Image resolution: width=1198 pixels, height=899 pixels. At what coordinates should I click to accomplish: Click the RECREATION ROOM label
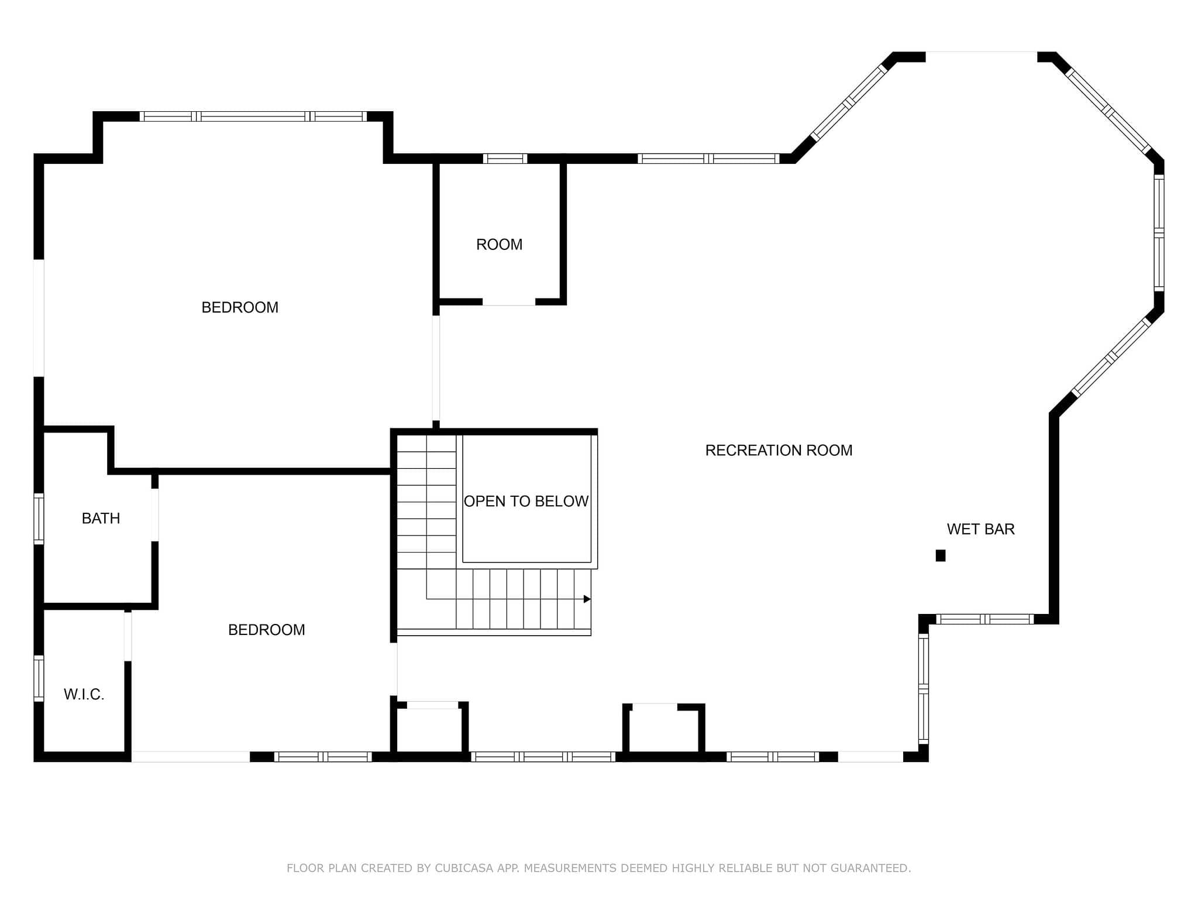[x=779, y=450]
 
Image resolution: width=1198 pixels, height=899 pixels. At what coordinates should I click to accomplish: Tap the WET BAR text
[x=980, y=529]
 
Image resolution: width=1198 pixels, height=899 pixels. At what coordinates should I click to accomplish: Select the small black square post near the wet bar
[x=941, y=555]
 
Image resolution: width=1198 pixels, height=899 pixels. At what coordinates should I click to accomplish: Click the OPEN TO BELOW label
[x=526, y=501]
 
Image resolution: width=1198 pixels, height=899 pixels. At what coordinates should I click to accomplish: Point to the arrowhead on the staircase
[x=587, y=599]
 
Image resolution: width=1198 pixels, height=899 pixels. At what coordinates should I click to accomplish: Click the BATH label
[x=101, y=518]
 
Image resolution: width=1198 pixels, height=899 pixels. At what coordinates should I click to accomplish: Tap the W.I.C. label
[x=84, y=694]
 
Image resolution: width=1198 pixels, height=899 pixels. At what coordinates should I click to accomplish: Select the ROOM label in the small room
[x=499, y=244]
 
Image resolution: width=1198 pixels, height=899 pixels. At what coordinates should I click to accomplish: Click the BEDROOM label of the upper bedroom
[x=240, y=307]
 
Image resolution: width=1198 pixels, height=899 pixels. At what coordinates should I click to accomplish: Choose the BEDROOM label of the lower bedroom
[x=266, y=630]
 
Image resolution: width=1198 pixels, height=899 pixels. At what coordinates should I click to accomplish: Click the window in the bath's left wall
[x=39, y=519]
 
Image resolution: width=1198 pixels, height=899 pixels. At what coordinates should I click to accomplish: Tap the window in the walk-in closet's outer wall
[x=39, y=678]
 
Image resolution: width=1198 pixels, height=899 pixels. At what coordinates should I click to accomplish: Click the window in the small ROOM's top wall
[x=505, y=159]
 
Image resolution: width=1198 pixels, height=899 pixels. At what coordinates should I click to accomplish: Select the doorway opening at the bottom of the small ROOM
[x=509, y=302]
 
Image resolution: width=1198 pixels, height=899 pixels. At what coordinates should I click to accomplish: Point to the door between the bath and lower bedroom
[x=155, y=514]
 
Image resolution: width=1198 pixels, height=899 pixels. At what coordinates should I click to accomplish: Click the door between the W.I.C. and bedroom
[x=128, y=636]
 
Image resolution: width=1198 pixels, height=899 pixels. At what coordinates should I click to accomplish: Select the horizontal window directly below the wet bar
[x=985, y=619]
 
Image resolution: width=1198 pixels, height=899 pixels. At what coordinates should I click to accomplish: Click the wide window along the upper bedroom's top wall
[x=253, y=116]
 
